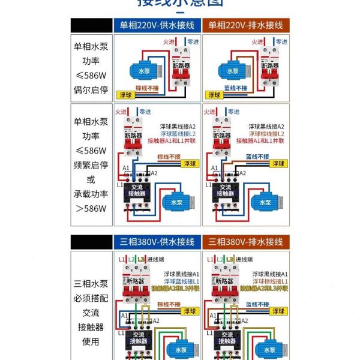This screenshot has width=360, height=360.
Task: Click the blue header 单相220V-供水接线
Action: [157, 25]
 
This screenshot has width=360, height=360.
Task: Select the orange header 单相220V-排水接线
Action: [245, 25]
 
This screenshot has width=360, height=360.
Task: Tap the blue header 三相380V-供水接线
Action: [157, 242]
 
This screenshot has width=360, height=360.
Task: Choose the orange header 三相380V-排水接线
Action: [245, 242]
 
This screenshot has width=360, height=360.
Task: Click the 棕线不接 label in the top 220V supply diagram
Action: [147, 88]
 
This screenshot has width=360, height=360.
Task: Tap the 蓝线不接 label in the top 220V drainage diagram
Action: [235, 88]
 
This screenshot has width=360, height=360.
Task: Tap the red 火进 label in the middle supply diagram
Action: [121, 112]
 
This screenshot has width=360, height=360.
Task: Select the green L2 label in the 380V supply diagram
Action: [130, 259]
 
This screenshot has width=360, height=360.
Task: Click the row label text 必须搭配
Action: [91, 298]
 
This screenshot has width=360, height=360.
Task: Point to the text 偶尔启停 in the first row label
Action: [91, 90]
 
